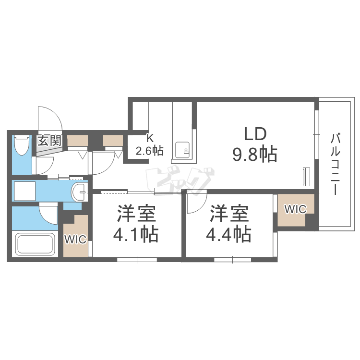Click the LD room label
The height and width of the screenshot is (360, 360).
pyautogui.click(x=255, y=134)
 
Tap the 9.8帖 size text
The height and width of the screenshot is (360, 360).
pyautogui.click(x=255, y=154)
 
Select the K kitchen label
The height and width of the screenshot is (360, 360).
pyautogui.click(x=150, y=138)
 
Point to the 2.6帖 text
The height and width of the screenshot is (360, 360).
pyautogui.click(x=150, y=151)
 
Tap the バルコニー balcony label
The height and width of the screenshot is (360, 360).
pyautogui.click(x=336, y=164)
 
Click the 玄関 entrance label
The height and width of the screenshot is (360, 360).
pyautogui.click(x=49, y=141)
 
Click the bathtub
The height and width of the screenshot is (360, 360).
pyautogui.click(x=35, y=243)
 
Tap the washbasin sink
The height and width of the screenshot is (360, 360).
pyautogui.click(x=79, y=192)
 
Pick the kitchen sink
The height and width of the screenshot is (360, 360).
pyautogui.click(x=182, y=150)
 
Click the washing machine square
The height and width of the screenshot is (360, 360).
pyautogui.click(x=25, y=191)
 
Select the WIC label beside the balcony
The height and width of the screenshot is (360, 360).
pyautogui.click(x=295, y=209)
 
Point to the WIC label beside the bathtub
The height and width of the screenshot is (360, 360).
pyautogui.click(x=75, y=240)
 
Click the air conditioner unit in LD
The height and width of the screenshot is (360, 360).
pyautogui.click(x=307, y=177)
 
